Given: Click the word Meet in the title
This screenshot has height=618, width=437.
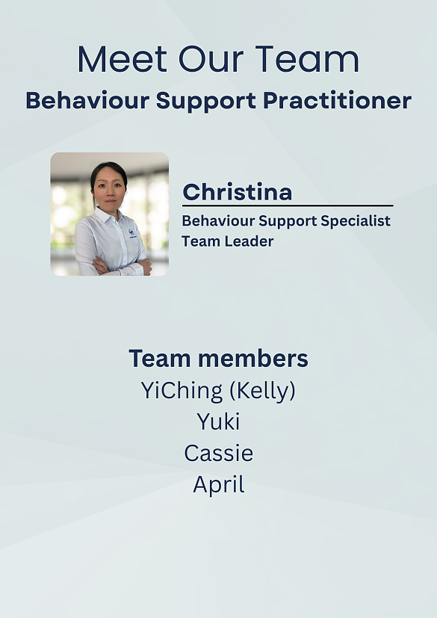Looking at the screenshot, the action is pos(123,59).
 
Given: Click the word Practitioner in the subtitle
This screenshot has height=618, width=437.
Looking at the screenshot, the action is pos(338,100).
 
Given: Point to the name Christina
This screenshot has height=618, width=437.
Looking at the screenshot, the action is pos(238,192).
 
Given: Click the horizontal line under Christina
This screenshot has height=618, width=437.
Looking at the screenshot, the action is pos(288,206).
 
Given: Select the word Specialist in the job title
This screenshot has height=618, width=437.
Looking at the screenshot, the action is pos(356,221).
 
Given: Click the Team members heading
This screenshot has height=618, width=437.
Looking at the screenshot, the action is pos(218,358).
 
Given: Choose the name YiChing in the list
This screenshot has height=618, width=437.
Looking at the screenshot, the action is pos(182,391).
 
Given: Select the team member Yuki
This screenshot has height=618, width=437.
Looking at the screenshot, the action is pos(218,421).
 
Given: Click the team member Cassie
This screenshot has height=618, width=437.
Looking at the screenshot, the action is pos(218,454).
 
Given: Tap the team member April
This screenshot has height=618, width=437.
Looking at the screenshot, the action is pos(219,485).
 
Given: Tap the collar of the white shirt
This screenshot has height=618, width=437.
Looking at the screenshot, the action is pos(108,216).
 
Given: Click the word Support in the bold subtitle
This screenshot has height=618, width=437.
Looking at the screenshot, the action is pos(206,100).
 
